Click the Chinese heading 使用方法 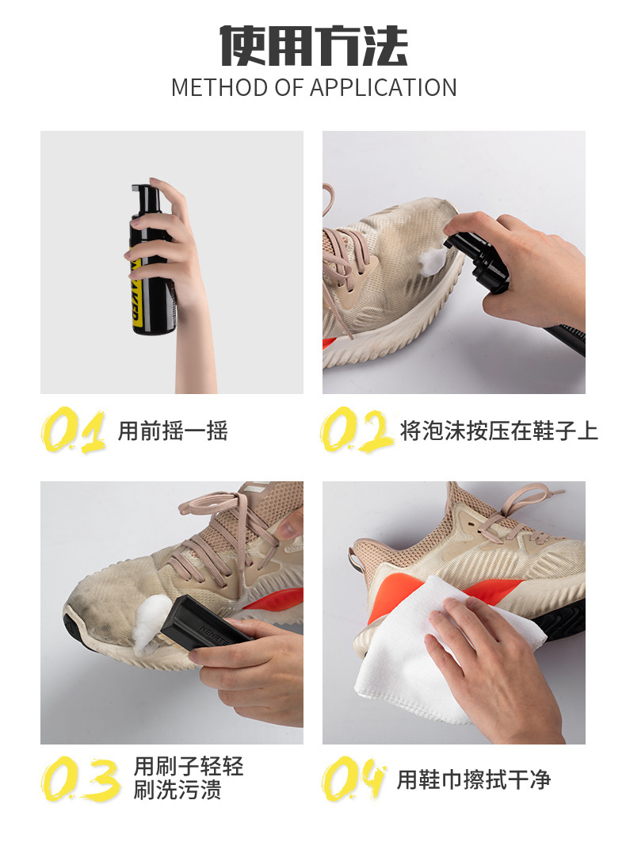(x=313, y=45)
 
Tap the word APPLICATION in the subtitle (x=384, y=87)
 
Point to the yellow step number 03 (x=80, y=779)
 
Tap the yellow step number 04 (x=354, y=779)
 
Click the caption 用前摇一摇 (x=173, y=431)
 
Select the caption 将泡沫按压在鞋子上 (x=498, y=431)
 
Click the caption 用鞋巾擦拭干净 (x=473, y=779)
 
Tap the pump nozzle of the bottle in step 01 (x=143, y=190)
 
